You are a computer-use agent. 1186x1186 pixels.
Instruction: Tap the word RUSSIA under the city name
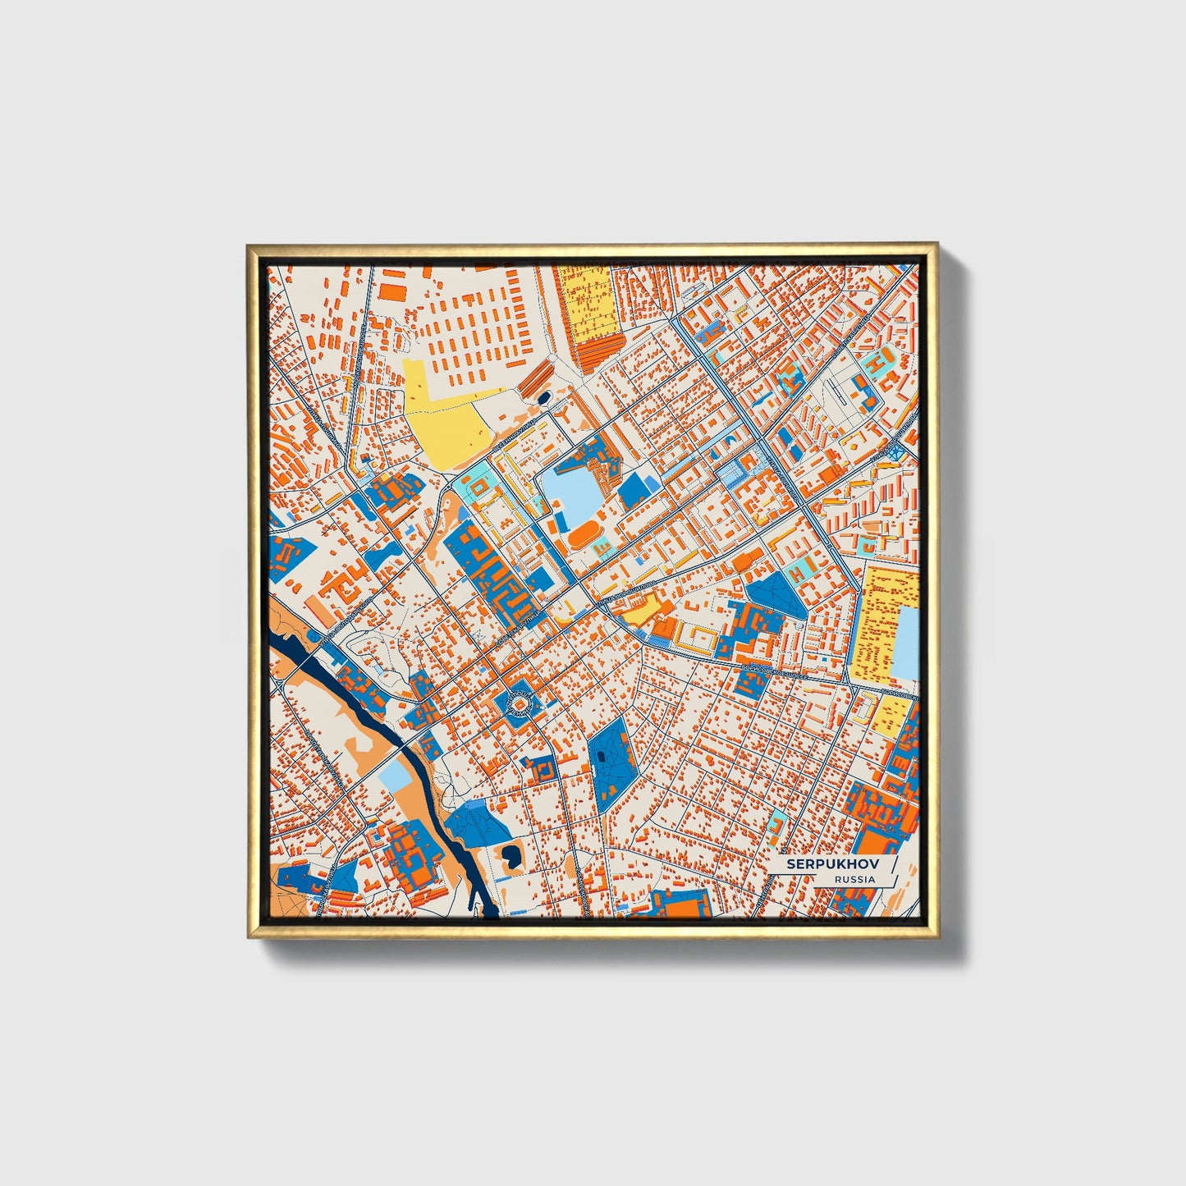tap(854, 879)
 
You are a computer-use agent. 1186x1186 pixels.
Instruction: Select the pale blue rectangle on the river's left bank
tap(395, 773)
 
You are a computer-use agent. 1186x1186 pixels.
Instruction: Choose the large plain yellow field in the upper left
tap(447, 427)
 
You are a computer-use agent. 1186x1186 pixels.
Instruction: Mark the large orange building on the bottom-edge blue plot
tap(680, 904)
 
